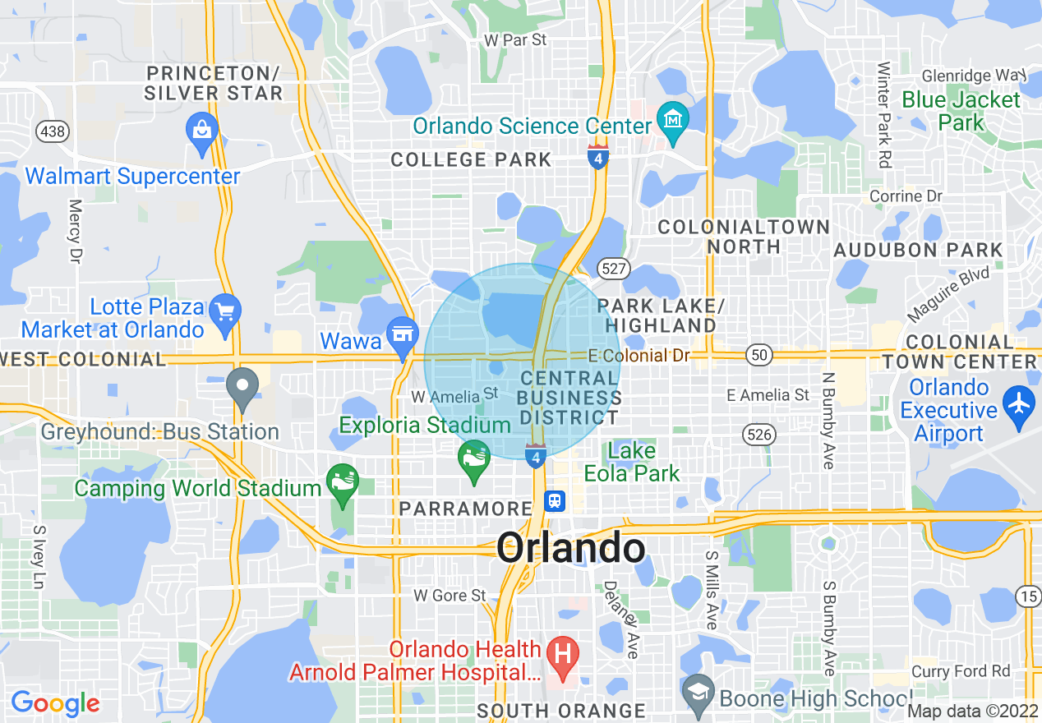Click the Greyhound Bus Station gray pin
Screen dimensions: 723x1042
tap(242, 386)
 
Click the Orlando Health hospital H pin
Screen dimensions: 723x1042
tap(564, 656)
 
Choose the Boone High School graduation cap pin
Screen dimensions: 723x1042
tap(699, 692)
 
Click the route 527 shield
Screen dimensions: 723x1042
tap(614, 268)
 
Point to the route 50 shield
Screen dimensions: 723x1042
tap(758, 355)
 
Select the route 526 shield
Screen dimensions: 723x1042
tap(760, 434)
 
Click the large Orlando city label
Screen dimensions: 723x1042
tap(570, 548)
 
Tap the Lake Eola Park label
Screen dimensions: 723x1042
tap(632, 462)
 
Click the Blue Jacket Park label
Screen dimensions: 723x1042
tap(961, 112)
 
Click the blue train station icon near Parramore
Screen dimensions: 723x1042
tap(555, 500)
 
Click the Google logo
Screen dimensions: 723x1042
tap(55, 703)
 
